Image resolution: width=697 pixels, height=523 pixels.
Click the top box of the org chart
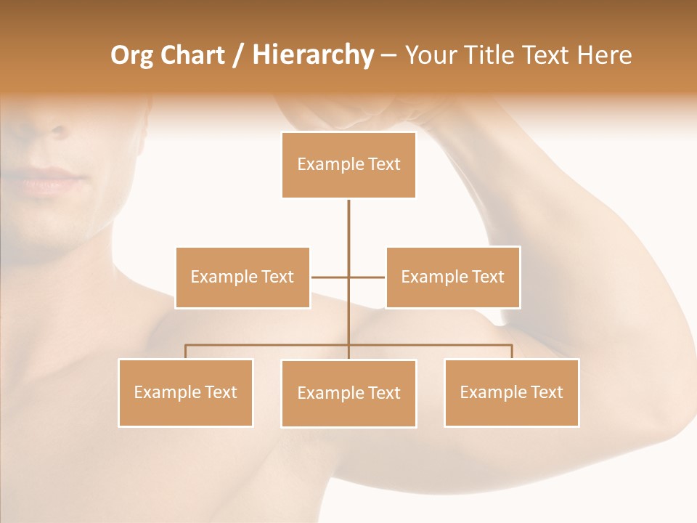click(x=348, y=165)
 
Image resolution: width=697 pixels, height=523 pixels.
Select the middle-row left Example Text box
click(x=242, y=277)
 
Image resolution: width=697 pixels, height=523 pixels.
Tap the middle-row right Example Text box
click(x=452, y=277)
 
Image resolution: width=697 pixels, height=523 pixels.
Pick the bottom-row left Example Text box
click(x=186, y=393)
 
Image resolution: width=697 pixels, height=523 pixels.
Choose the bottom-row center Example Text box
click(x=348, y=394)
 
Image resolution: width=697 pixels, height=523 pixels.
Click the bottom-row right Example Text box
click(x=511, y=393)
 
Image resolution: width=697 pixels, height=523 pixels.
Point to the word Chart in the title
click(x=194, y=55)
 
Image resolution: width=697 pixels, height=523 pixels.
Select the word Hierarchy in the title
click(x=313, y=55)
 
